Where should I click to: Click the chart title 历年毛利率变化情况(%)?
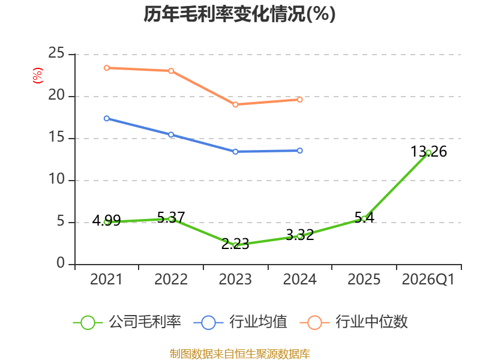click(x=239, y=14)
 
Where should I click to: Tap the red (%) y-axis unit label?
click(x=37, y=76)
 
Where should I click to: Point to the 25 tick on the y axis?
click(x=56, y=53)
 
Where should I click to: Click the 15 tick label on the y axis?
click(x=56, y=137)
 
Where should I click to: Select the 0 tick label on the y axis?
click(x=61, y=263)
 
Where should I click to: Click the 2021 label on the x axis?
click(x=106, y=279)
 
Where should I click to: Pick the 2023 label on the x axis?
click(x=235, y=279)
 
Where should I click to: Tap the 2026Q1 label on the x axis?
click(x=428, y=279)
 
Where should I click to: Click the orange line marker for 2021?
click(x=107, y=68)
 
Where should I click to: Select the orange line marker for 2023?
click(x=235, y=104)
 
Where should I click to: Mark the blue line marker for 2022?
click(x=171, y=134)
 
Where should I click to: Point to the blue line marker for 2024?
click(x=299, y=151)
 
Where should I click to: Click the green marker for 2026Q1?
click(x=428, y=153)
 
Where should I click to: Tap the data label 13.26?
click(x=428, y=152)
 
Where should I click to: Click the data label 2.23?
click(x=235, y=244)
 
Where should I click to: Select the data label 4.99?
click(x=107, y=220)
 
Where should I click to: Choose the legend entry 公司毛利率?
click(x=127, y=322)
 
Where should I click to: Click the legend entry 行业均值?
click(x=241, y=322)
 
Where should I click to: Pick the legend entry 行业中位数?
click(x=353, y=322)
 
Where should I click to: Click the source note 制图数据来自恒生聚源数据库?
click(x=240, y=354)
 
